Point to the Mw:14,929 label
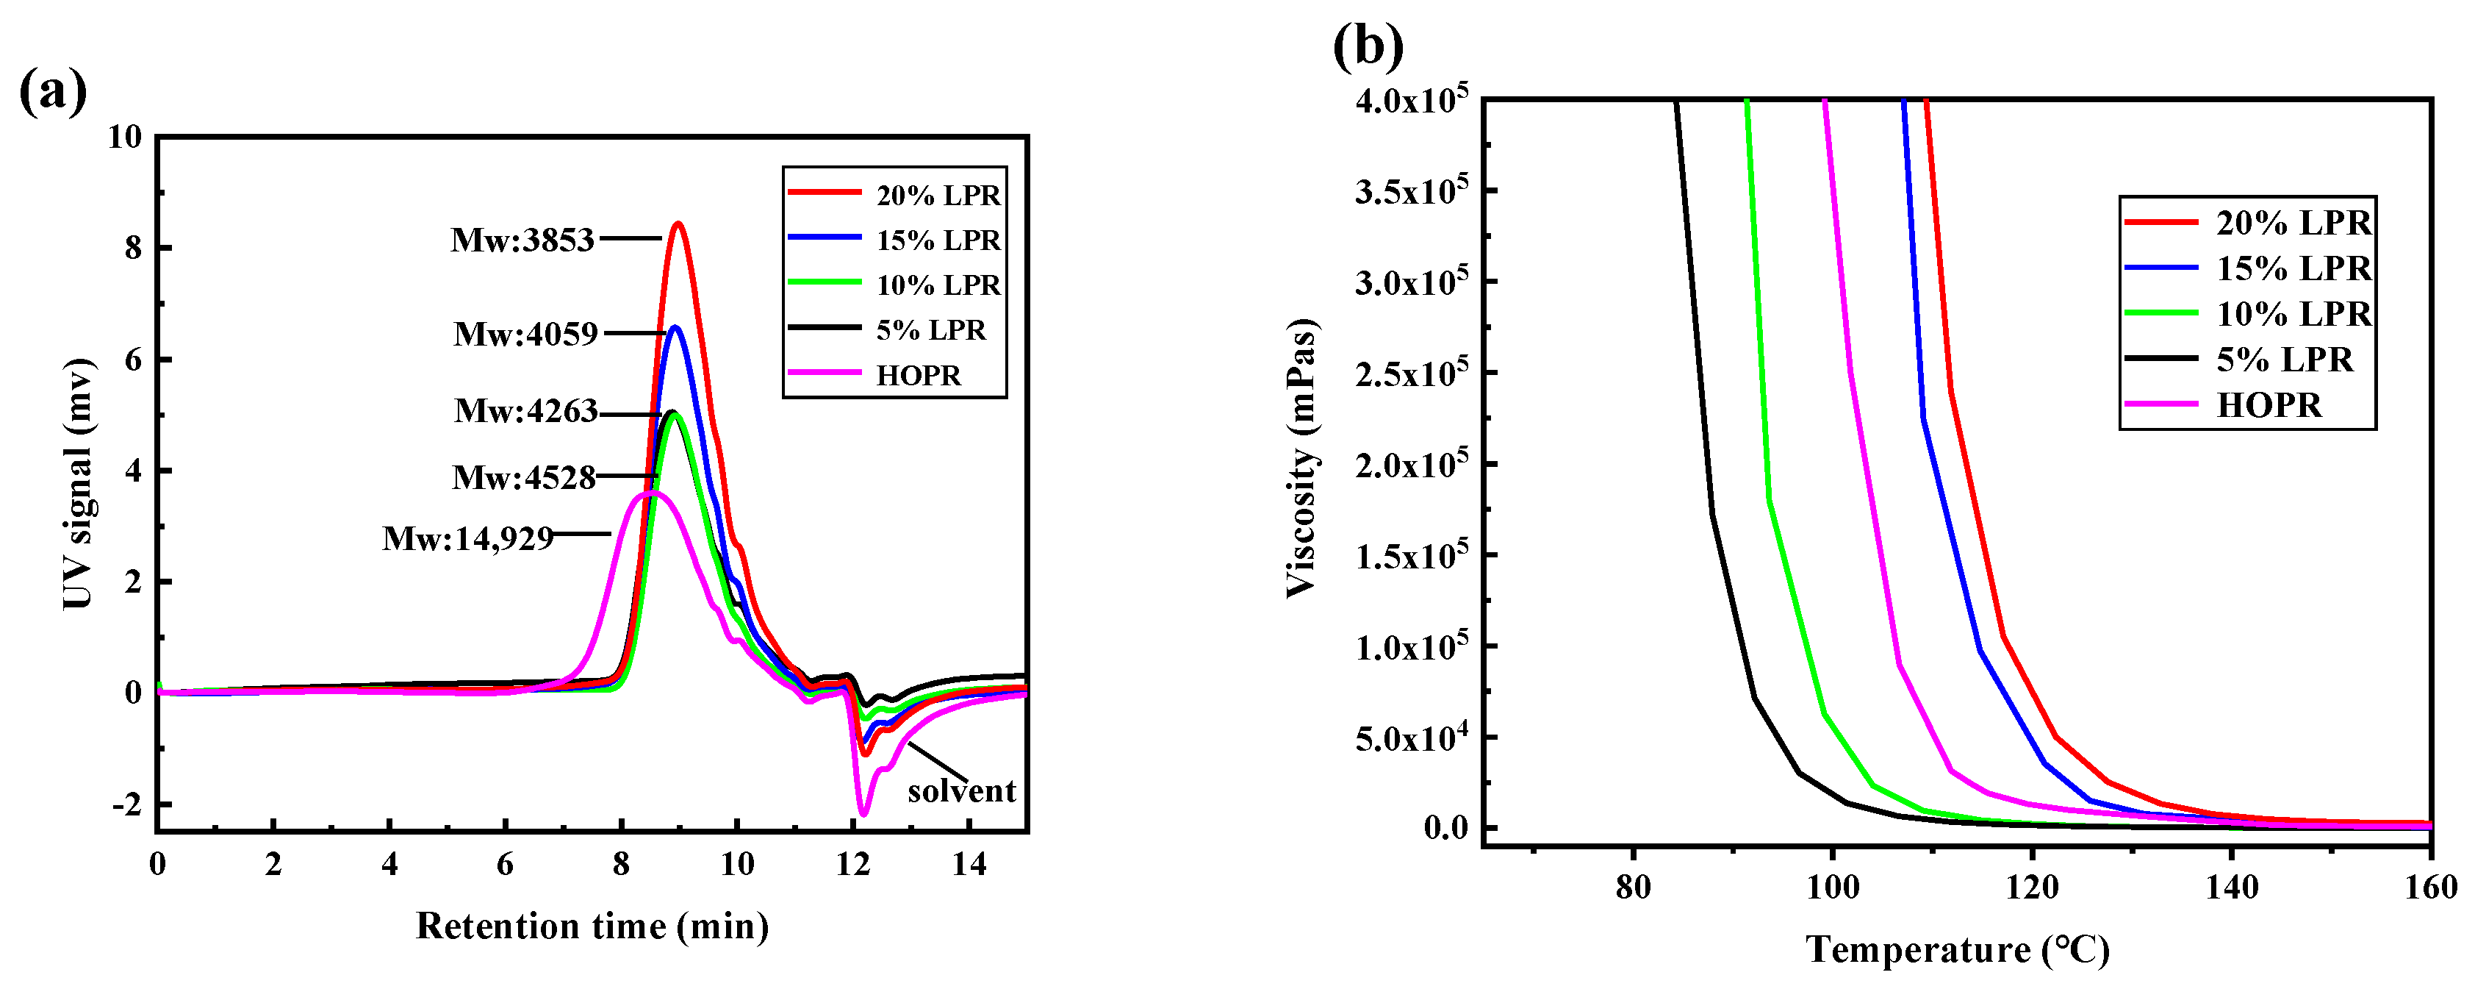tap(468, 538)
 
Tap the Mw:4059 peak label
tap(525, 334)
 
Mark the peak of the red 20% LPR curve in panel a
tap(678, 224)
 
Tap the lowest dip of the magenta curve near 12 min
tap(863, 814)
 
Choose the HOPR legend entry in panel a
tap(918, 375)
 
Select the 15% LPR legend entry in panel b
tap(2293, 268)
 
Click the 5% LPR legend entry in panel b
tap(2284, 360)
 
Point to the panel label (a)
tap(53, 91)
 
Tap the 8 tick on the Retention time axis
tap(621, 864)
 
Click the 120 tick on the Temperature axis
tap(2032, 886)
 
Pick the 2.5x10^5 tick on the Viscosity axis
tap(1410, 373)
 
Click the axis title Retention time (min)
tap(592, 926)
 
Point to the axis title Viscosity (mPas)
tap(1302, 457)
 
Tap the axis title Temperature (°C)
tap(1957, 949)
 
